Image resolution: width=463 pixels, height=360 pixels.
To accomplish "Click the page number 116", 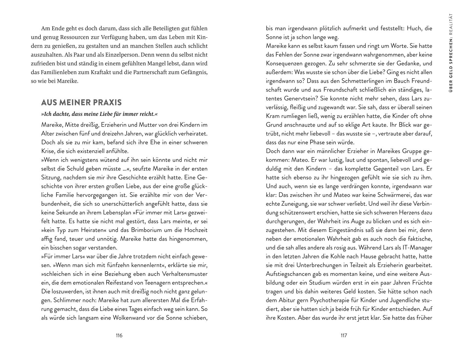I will point(119,336).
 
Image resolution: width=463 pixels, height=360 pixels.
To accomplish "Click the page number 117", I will point(344,336).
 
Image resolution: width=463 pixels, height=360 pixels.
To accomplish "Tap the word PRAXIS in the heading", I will point(107,102).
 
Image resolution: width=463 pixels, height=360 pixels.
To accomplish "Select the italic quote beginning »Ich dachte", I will point(99,114).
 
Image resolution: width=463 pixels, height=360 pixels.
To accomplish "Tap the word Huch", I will point(414,28).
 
